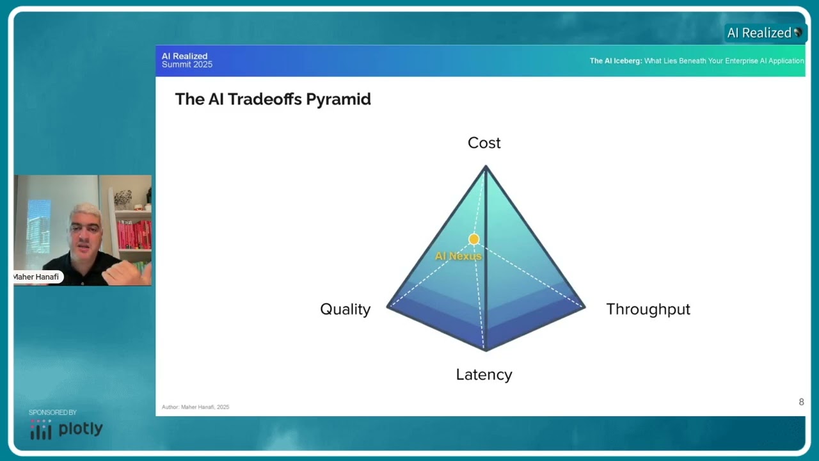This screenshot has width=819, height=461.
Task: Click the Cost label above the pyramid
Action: [484, 143]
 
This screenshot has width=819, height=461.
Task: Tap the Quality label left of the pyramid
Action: [345, 309]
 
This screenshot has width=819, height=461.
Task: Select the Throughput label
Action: [648, 309]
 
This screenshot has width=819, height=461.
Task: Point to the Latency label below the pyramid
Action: [484, 375]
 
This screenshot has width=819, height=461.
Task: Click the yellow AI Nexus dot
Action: [473, 239]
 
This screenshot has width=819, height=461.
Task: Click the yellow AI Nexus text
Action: [457, 256]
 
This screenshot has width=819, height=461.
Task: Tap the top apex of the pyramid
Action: [486, 168]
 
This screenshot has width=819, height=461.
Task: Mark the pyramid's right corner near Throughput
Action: [583, 307]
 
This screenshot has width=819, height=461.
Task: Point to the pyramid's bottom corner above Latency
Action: [486, 348]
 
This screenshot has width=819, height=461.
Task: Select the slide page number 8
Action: [801, 402]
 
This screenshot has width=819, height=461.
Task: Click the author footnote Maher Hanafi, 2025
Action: [195, 407]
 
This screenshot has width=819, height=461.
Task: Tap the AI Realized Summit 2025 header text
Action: [186, 61]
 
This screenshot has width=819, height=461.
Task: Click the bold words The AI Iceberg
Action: [616, 61]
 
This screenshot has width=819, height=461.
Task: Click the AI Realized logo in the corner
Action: [763, 33]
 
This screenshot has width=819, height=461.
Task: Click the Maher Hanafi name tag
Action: [37, 277]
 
